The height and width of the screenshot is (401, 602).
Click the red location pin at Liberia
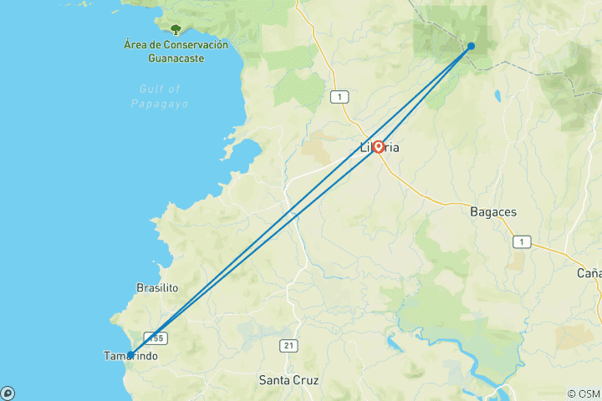pyautogui.click(x=378, y=147)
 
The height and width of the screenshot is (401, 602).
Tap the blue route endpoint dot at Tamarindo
pyautogui.click(x=130, y=355)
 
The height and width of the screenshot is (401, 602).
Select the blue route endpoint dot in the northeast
pyautogui.click(x=472, y=46)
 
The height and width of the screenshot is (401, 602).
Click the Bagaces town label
pyautogui.click(x=493, y=212)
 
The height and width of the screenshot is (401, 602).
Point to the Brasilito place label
pyautogui.click(x=158, y=287)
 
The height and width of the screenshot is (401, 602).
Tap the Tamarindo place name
pyautogui.click(x=130, y=357)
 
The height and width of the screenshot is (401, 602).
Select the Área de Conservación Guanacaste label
pyautogui.click(x=175, y=51)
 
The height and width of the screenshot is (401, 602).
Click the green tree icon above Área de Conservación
pyautogui.click(x=176, y=29)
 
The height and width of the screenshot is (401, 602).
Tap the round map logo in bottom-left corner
pyautogui.click(x=7, y=393)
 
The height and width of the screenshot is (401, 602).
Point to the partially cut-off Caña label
pyautogui.click(x=589, y=273)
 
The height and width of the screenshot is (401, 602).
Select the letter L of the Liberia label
pyautogui.click(x=363, y=148)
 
